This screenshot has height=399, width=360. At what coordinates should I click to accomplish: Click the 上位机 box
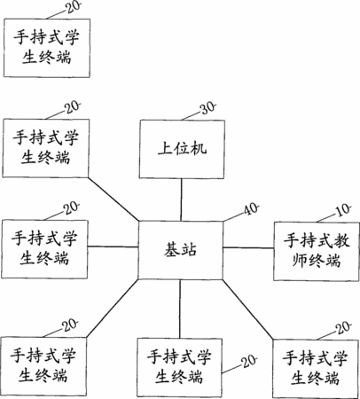tap(182, 149)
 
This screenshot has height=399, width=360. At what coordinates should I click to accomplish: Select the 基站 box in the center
tap(180, 250)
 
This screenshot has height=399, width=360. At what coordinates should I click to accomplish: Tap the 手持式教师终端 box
tap(317, 251)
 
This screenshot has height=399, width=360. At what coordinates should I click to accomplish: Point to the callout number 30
tap(208, 108)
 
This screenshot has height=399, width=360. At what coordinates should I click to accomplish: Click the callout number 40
tap(251, 209)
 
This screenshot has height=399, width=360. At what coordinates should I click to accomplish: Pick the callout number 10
tap(343, 210)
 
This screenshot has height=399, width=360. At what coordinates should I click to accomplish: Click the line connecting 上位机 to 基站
tap(181, 199)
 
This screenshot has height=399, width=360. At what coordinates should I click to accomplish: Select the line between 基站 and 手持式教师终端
tap(248, 247)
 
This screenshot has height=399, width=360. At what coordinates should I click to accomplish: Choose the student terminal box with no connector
tap(47, 48)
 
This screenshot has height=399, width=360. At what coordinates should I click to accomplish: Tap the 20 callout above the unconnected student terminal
tap(73, 7)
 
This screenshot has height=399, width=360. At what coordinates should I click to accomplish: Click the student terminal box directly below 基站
tap(179, 368)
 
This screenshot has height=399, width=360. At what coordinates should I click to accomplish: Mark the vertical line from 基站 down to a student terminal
tap(180, 309)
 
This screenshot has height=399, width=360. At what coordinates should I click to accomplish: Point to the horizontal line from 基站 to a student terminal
tap(113, 246)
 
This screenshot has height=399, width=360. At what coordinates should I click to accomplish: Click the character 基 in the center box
tap(172, 250)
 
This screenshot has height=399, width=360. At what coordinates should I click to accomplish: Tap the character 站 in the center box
tap(189, 250)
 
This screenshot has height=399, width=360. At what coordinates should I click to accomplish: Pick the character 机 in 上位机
tap(199, 148)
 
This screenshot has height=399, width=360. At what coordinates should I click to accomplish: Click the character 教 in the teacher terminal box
tap(342, 240)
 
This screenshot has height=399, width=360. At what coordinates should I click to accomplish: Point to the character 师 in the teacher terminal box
tap(300, 261)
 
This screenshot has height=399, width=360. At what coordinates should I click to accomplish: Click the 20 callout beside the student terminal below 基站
tap(249, 361)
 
